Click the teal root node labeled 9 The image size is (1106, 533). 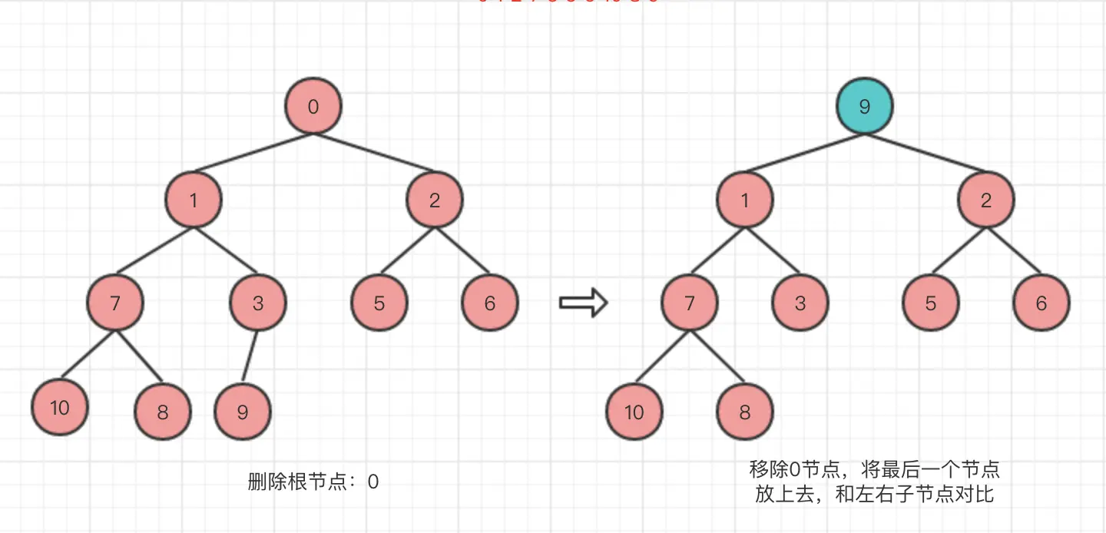[x=865, y=106]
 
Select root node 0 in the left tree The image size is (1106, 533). [x=313, y=106]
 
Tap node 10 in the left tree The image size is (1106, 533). [x=60, y=407]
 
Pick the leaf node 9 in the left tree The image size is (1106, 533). [x=243, y=412]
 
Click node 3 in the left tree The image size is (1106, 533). [x=258, y=303]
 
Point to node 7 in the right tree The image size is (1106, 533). [x=689, y=303]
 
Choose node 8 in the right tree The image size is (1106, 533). [x=744, y=412]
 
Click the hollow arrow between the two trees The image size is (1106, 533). [x=583, y=303]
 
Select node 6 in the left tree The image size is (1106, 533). [x=490, y=303]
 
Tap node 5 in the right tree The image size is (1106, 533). [x=931, y=303]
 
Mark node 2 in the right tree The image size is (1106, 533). [x=986, y=200]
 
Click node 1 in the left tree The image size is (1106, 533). [x=194, y=200]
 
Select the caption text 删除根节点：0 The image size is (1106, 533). [x=313, y=482]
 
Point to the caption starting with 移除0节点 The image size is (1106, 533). [x=874, y=481]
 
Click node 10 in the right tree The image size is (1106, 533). [x=634, y=412]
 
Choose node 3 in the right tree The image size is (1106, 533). [x=800, y=303]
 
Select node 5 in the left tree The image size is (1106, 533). [x=379, y=303]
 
